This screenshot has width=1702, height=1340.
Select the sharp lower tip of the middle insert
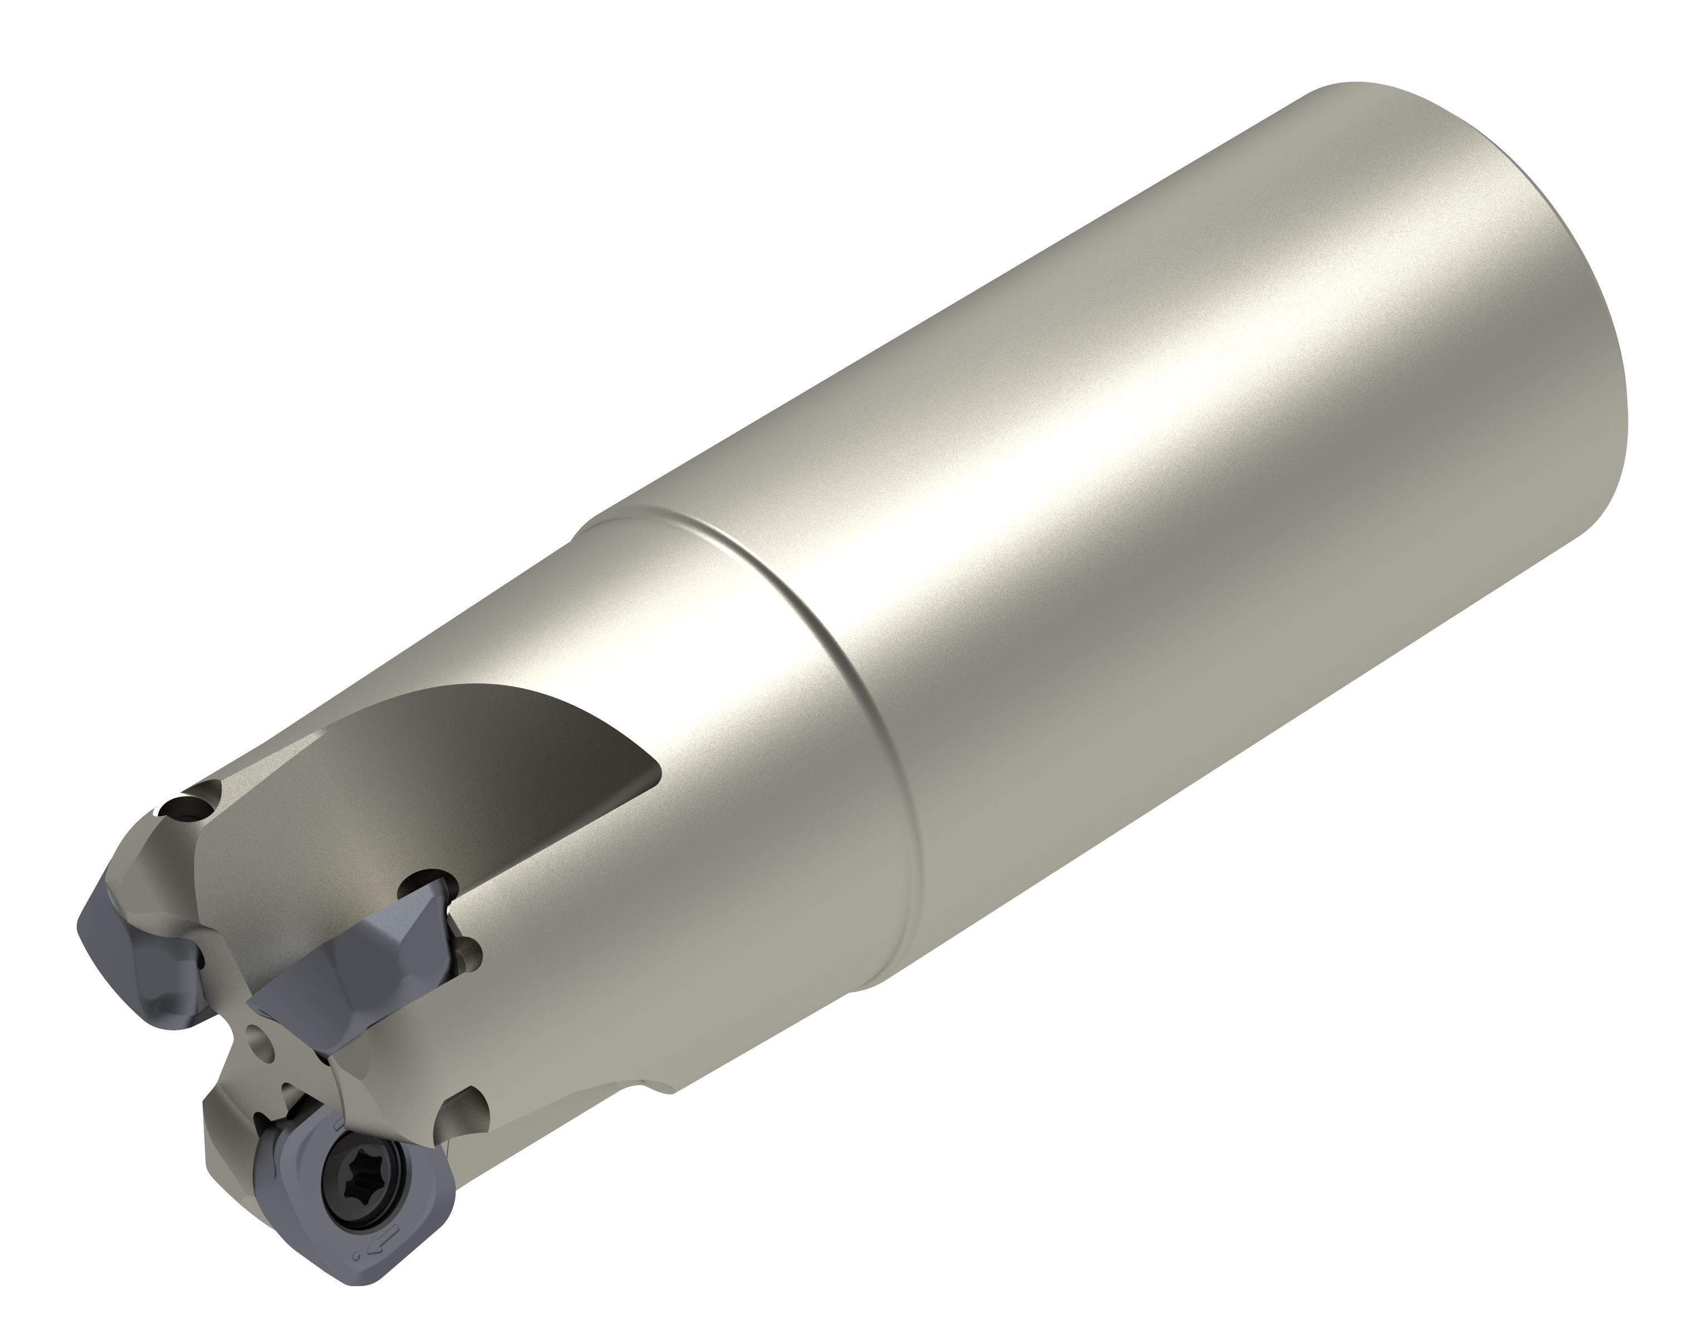[x=259, y=1003]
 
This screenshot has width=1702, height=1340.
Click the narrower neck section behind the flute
[x=706, y=706]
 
